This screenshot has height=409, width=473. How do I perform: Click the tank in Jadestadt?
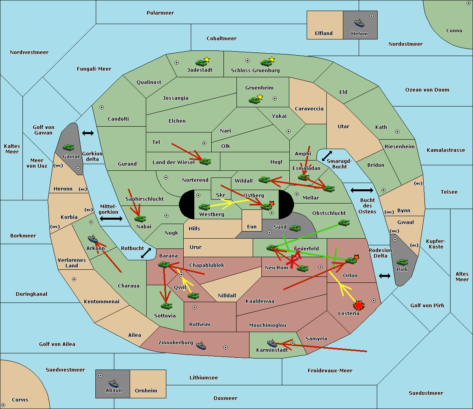[201, 63]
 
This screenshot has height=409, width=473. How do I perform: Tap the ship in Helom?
[359, 23]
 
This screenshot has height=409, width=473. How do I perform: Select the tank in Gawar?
[69, 148]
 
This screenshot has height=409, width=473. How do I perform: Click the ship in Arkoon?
[93, 239]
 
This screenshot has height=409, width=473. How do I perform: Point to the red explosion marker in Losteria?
[359, 305]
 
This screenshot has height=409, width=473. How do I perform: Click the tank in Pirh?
[402, 262]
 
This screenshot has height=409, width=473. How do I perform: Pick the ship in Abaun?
[114, 383]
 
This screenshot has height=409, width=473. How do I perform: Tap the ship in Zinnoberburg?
[201, 346]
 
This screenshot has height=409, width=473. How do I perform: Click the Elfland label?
[324, 34]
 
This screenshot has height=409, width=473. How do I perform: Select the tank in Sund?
[295, 228]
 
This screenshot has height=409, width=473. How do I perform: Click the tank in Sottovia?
[166, 306]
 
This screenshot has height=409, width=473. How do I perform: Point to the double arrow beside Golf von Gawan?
[88, 133]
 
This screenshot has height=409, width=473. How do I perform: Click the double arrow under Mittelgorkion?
[111, 219]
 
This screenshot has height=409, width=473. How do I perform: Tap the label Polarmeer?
[160, 13]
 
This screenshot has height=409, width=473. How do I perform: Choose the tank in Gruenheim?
[255, 100]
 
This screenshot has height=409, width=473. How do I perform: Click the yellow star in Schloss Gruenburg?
[272, 60]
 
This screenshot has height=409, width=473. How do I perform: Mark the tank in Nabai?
[140, 219]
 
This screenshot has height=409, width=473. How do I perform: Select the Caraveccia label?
[309, 109]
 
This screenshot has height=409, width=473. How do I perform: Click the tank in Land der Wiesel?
[205, 161]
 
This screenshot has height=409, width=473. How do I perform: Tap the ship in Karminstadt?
[272, 343]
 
